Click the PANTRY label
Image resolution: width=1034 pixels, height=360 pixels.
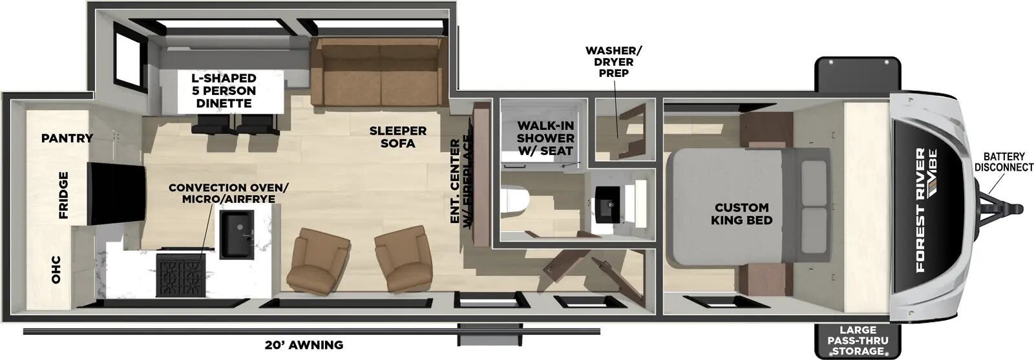[67, 138]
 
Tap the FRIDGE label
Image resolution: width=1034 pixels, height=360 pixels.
[64, 195]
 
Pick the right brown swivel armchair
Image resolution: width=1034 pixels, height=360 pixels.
[402, 259]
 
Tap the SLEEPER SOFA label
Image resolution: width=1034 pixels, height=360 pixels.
[397, 137]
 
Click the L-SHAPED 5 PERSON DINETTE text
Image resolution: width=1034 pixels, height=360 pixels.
[223, 90]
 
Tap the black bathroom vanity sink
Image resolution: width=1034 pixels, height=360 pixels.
[607, 201]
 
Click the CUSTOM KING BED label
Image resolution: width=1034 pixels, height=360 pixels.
[741, 213]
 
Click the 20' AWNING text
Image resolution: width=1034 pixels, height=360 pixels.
[304, 344]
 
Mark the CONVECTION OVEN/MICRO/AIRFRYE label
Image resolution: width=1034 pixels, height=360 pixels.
[229, 193]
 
